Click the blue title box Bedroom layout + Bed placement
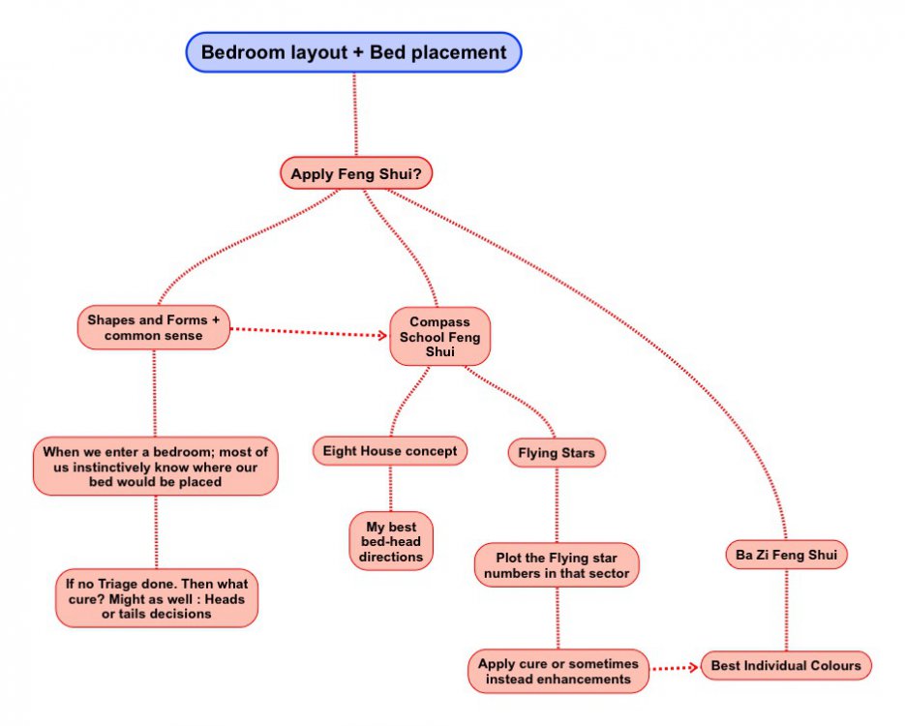coord(353,52)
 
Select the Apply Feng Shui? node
coord(356,174)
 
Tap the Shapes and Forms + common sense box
coord(154,327)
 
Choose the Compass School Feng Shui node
coord(439,336)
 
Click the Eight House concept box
coord(390,450)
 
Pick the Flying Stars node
coord(557,452)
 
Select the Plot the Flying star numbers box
coord(557,565)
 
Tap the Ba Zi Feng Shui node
coord(786,555)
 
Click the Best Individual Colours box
coord(786,666)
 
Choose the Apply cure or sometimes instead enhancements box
coord(558,671)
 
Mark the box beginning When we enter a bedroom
coord(156,467)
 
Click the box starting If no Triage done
coord(157,597)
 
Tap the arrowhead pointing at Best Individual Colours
coord(694,667)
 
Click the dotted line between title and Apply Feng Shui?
coord(355,115)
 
